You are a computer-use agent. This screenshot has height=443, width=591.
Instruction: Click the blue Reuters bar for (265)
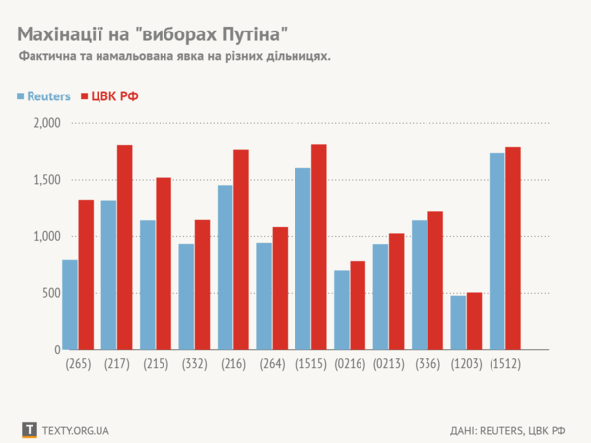pos(70,304)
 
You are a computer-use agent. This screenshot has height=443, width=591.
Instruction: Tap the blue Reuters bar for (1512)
pos(496,251)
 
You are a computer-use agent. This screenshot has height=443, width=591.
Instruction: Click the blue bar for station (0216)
pos(342,310)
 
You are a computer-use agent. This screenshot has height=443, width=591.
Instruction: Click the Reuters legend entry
pos(43,96)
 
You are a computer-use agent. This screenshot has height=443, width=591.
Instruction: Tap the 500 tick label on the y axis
pos(50,293)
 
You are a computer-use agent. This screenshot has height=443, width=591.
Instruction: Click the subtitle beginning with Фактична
pos(173,58)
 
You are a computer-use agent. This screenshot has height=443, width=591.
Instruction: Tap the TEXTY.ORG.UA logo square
pos(29,430)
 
